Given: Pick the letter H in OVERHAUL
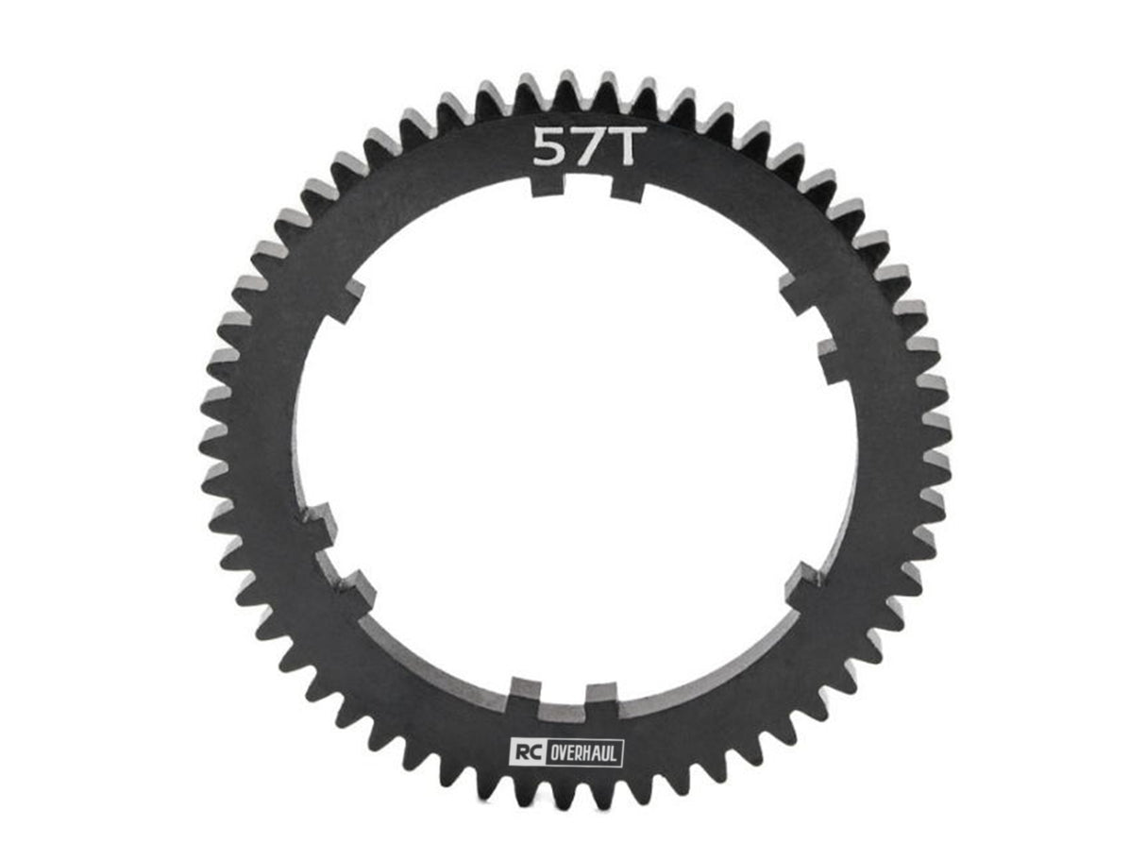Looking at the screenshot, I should (x=582, y=752).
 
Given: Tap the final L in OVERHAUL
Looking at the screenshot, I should (x=615, y=752).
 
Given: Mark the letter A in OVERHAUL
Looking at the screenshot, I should (x=594, y=752).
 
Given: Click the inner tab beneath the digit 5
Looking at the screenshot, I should (x=547, y=186).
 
